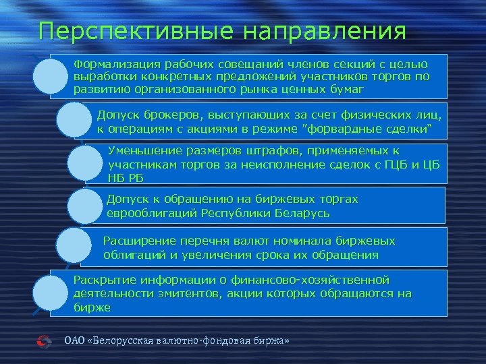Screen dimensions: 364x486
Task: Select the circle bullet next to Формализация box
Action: [51, 78]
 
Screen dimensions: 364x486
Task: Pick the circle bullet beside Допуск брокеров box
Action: [74, 120]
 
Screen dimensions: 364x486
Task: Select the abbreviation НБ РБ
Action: [126, 178]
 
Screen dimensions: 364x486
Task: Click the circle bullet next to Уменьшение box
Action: [86, 164]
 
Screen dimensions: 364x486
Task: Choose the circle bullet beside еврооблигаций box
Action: [85, 206]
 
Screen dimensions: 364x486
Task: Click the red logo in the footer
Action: [44, 342]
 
